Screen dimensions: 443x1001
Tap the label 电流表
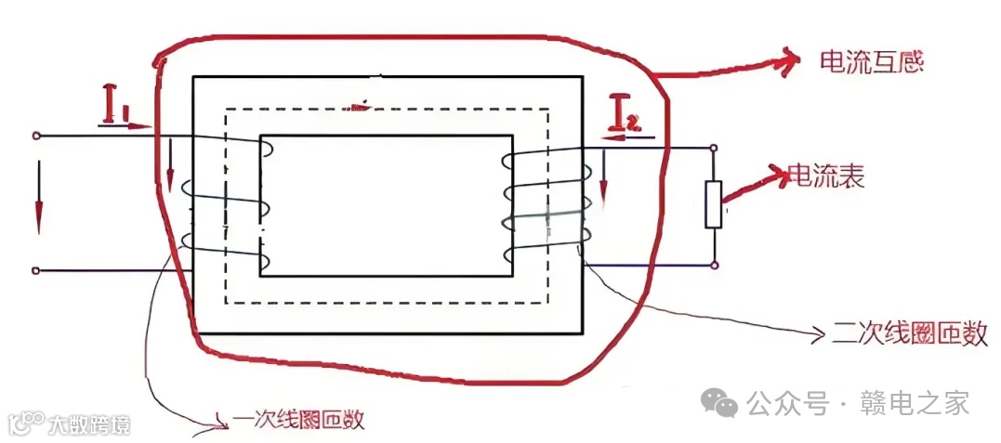click(826, 176)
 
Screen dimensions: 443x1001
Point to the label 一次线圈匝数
click(297, 420)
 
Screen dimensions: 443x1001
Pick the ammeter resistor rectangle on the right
click(714, 205)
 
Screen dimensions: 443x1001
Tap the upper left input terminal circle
click(35, 136)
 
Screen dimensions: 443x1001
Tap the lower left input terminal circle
click(35, 271)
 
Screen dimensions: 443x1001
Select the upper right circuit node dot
click(714, 147)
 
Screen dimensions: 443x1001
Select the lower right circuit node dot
click(714, 266)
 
